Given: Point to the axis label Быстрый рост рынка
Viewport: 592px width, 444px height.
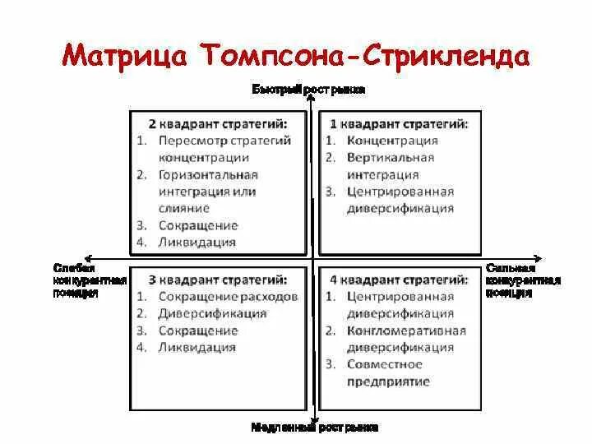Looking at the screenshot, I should (x=308, y=89).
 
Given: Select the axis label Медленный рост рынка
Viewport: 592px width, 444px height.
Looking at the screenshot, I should (x=315, y=428).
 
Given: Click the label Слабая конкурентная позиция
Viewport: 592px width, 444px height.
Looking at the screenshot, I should (x=89, y=280).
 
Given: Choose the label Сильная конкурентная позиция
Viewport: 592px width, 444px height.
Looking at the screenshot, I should (x=523, y=280).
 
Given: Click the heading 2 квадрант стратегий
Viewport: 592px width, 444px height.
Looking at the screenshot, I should (x=218, y=123).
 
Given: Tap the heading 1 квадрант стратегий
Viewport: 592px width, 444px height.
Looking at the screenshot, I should (x=399, y=123).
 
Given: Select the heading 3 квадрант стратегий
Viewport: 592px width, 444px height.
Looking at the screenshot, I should (x=218, y=280).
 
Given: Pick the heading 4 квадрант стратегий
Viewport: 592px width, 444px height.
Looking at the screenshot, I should (x=399, y=280).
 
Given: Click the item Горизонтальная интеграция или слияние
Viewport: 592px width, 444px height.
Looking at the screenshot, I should (x=209, y=192).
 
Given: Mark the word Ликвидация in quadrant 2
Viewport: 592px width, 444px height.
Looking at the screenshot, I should (x=197, y=243).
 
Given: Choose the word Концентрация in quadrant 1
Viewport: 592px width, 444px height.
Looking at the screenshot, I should (x=392, y=141).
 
